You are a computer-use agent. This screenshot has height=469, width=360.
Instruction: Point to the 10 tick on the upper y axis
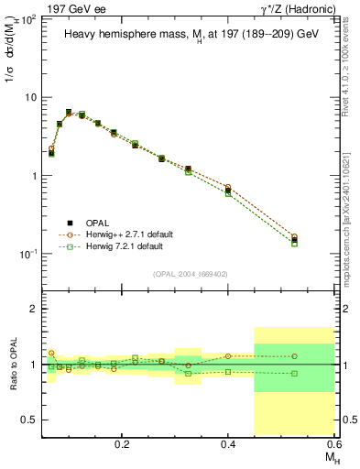(31, 97)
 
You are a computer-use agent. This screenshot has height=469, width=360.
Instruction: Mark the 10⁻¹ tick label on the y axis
(29, 254)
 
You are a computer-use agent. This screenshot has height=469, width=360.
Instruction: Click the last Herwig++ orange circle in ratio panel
(294, 356)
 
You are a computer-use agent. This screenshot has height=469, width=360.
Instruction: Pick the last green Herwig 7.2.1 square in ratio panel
(294, 373)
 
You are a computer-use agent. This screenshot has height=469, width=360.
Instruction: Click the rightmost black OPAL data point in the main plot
(294, 241)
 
